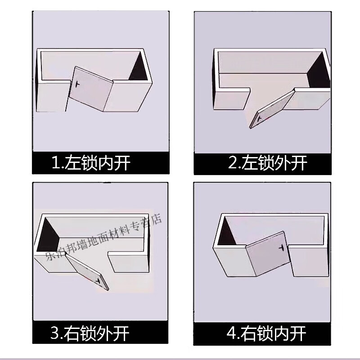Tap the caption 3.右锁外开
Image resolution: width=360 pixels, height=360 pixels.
(90, 333)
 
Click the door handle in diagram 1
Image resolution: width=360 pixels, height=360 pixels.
(78, 85)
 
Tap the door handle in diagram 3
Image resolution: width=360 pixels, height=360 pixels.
(98, 280)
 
